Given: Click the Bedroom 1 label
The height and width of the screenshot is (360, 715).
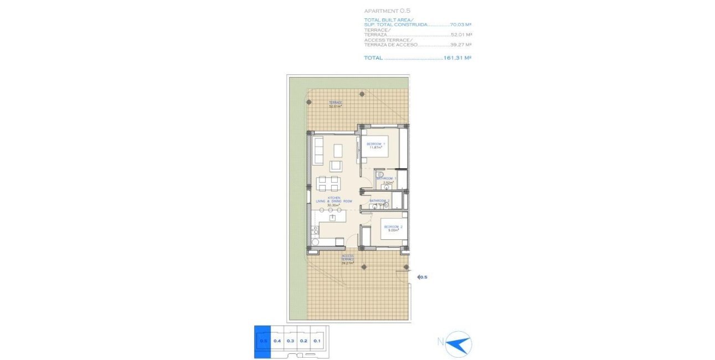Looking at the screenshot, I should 376,146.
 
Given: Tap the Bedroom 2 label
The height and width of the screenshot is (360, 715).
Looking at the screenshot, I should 393,229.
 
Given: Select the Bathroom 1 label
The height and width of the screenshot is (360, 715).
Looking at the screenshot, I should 386,179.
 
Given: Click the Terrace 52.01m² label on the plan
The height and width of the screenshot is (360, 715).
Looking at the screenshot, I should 335,104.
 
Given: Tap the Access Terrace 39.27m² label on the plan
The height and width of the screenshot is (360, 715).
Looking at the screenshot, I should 347,260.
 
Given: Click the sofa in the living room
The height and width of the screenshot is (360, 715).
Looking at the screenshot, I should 319,151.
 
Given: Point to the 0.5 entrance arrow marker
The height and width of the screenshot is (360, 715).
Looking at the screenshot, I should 422,277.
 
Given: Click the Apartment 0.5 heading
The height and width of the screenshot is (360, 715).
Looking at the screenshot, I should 387,11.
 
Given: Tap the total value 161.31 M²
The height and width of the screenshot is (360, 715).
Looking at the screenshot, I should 457,58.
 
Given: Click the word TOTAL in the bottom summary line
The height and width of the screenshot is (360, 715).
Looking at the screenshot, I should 373,58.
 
